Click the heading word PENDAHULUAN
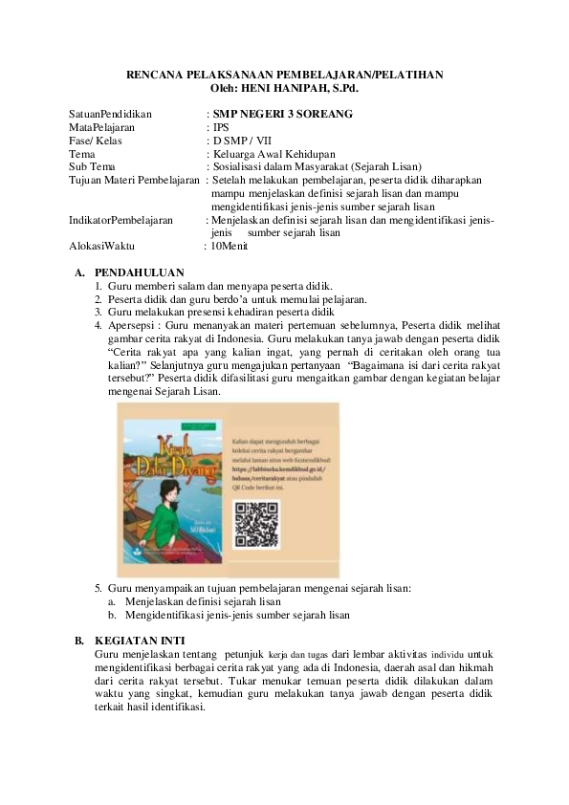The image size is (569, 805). (140, 272)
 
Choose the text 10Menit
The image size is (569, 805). (229, 246)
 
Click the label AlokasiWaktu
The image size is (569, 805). (102, 246)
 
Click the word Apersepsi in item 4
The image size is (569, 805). (132, 325)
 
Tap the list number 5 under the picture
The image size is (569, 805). (98, 588)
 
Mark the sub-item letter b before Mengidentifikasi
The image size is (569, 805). (112, 616)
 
